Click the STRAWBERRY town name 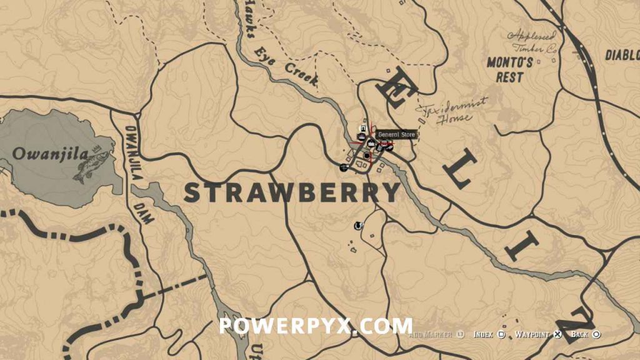pos(292,192)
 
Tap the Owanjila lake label pos(49,153)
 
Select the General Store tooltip pos(396,134)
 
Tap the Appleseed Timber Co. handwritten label pos(531,41)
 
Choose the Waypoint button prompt pos(537,335)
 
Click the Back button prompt pos(585,335)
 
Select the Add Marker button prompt pos(434,335)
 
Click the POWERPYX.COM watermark pos(315,326)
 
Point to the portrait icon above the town pos(362,129)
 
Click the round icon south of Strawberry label pos(358,225)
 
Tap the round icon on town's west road pos(343,167)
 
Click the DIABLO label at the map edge pos(622,55)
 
